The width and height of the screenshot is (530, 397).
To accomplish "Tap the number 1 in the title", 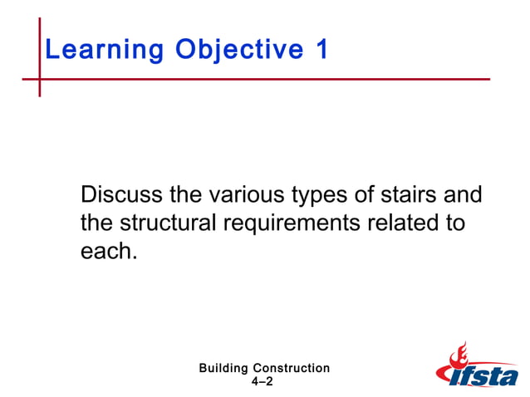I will [321, 50].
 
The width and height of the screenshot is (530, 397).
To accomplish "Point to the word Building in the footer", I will [224, 368].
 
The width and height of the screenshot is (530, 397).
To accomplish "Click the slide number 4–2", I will [262, 381].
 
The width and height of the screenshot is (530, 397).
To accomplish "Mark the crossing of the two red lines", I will [39, 80].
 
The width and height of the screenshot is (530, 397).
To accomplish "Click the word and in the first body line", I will [463, 196].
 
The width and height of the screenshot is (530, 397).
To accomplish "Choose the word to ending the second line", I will [454, 223].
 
